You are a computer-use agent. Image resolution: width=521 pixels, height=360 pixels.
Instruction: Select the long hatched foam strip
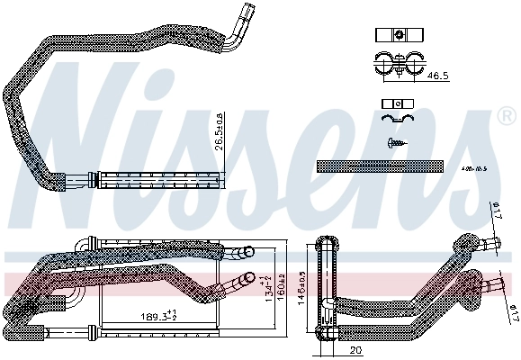pos(381,166)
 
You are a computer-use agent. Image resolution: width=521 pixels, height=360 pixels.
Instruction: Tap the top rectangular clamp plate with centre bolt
pos(397,35)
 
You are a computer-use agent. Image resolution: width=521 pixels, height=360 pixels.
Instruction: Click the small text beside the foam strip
pos(474,167)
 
